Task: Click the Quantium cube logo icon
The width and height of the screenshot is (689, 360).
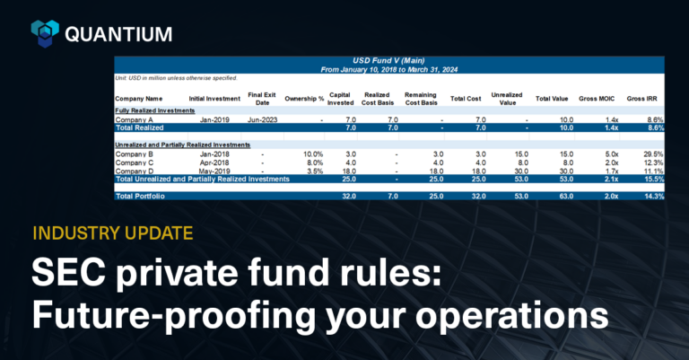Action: (45, 34)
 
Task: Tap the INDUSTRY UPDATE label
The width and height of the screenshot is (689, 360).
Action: (111, 233)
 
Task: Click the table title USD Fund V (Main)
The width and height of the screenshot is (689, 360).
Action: (389, 60)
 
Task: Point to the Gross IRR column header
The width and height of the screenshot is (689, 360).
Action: (645, 98)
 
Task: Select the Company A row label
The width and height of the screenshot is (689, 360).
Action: (135, 119)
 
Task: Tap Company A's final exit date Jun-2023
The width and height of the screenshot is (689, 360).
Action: (260, 119)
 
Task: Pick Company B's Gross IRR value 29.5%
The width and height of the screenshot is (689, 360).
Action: (651, 154)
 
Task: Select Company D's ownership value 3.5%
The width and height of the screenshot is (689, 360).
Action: (312, 171)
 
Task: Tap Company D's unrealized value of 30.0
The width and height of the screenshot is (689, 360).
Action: (519, 171)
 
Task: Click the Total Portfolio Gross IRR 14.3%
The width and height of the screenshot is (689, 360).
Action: (651, 196)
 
